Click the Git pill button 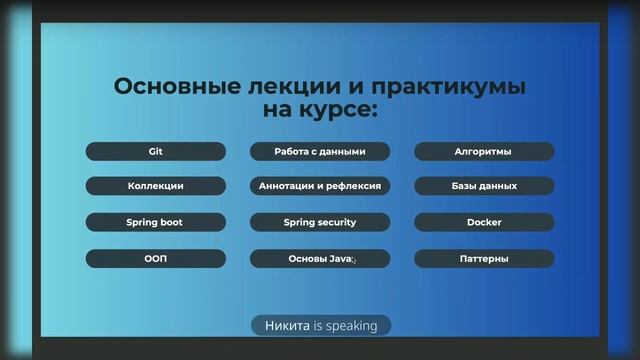(155, 152)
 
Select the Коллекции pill (155, 186)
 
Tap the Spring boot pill (155, 222)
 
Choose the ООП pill (155, 258)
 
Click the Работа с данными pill (320, 152)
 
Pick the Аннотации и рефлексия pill (320, 186)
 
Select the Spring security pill (320, 222)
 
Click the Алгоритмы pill (484, 152)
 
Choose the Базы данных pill (484, 186)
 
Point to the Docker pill (484, 222)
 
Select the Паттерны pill (484, 258)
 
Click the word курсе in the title (335, 110)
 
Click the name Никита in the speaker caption (287, 325)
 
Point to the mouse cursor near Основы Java (353, 260)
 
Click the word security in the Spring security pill (334, 222)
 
